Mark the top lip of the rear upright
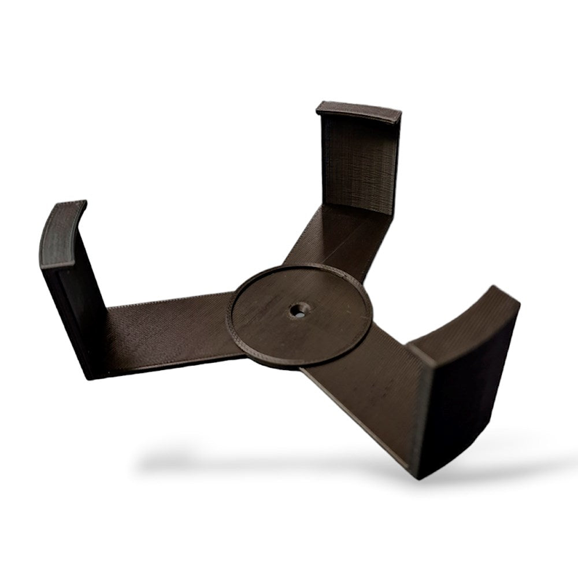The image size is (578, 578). coord(358,111)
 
